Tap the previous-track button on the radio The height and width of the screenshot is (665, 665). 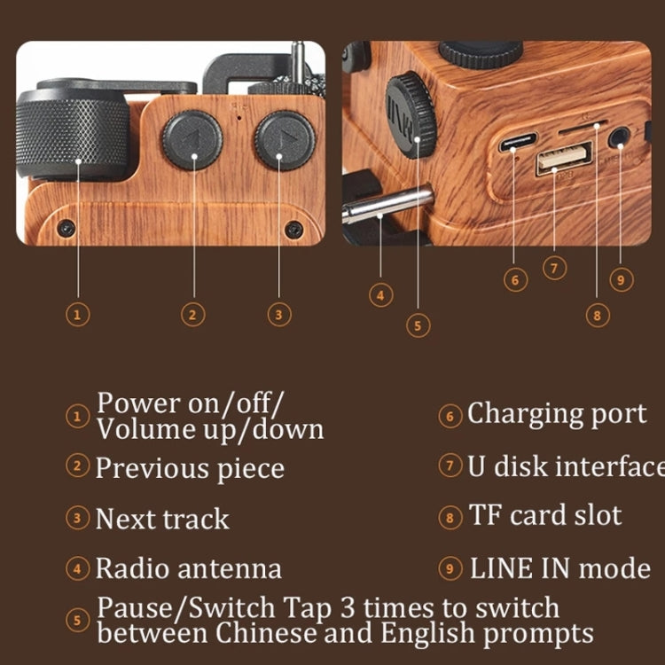[192, 140]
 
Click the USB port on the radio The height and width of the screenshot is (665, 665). [562, 160]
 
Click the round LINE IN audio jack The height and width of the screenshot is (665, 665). [619, 137]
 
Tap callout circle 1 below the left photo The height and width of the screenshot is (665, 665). [78, 313]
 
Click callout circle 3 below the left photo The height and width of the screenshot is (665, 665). [278, 313]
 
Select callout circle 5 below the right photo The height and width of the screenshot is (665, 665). [419, 325]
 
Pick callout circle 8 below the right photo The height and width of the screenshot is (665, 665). [597, 314]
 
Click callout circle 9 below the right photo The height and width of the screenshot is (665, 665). [622, 279]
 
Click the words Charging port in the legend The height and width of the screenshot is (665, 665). [557, 414]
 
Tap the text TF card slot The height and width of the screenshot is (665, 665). [545, 516]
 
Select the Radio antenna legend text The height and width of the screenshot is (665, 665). [188, 568]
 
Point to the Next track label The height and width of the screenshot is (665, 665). [161, 519]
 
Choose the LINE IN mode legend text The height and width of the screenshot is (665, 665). [560, 568]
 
